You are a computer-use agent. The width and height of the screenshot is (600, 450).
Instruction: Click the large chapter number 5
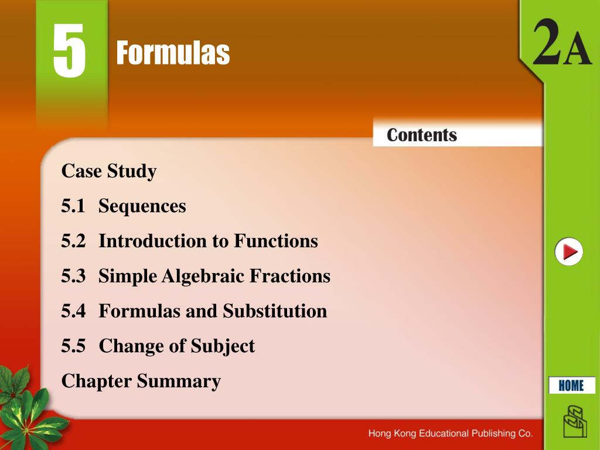(x=69, y=52)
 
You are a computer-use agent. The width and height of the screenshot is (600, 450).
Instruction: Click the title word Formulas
(x=173, y=53)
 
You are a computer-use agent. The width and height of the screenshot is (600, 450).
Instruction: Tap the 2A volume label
(x=561, y=47)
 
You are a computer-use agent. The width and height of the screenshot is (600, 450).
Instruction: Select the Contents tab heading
(x=421, y=135)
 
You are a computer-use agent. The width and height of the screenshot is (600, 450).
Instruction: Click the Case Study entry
(x=109, y=172)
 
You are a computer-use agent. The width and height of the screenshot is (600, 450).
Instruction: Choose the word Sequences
(x=142, y=206)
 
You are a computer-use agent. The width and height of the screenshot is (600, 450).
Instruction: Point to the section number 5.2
(x=73, y=241)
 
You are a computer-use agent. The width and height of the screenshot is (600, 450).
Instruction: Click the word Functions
(x=276, y=241)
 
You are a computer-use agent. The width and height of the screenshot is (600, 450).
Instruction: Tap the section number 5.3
(x=73, y=276)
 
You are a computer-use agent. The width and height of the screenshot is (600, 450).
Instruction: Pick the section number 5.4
(x=73, y=311)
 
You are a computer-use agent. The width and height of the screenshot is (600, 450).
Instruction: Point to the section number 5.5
(x=73, y=346)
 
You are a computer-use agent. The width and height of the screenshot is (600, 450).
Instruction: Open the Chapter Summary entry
(x=141, y=381)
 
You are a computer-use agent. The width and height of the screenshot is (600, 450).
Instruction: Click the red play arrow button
(x=569, y=252)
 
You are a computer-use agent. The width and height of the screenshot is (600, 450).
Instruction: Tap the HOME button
(x=571, y=386)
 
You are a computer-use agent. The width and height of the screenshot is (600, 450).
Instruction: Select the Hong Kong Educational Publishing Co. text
(x=450, y=434)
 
